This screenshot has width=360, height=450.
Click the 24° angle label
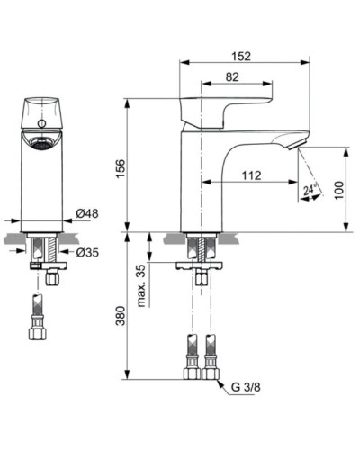coord(310,190)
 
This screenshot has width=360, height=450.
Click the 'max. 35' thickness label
coord(141,286)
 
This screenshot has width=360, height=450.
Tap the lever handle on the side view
coord(226,104)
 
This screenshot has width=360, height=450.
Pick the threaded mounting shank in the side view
coord(200,247)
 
